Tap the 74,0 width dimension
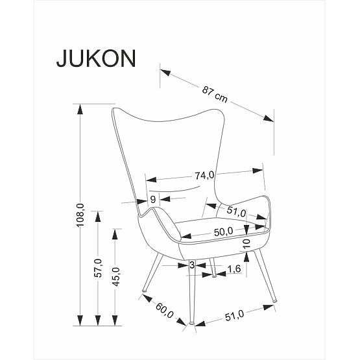(x=204, y=174)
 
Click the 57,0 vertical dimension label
(x=99, y=267)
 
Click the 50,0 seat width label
(x=224, y=232)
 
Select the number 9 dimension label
(x=153, y=199)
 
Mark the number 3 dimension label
(x=192, y=265)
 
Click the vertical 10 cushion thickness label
(x=246, y=244)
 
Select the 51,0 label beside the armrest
(x=235, y=211)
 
